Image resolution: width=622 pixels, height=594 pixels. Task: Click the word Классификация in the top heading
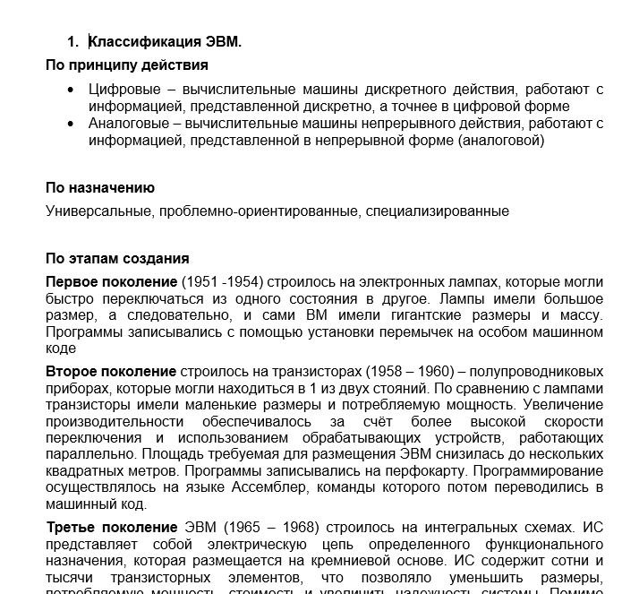pyautogui.click(x=140, y=41)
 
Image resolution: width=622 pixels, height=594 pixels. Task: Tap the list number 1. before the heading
pyautogui.click(x=73, y=41)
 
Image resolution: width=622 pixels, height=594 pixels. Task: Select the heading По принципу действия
pyautogui.click(x=127, y=65)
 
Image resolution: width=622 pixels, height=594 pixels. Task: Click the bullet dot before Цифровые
pyautogui.click(x=72, y=90)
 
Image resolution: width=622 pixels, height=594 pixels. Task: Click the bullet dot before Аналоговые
pyautogui.click(x=72, y=124)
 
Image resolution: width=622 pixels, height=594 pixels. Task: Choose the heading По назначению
pyautogui.click(x=100, y=188)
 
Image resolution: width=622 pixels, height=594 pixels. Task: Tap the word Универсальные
pyautogui.click(x=97, y=211)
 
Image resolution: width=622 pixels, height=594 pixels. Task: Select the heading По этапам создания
pyautogui.click(x=117, y=259)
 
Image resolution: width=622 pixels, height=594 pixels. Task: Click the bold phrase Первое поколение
pyautogui.click(x=111, y=282)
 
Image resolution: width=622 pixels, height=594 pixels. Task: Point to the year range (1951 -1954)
pyautogui.click(x=222, y=282)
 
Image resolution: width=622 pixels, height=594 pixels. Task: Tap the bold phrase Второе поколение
pyautogui.click(x=111, y=372)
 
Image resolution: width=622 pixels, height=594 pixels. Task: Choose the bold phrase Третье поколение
pyautogui.click(x=112, y=528)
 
